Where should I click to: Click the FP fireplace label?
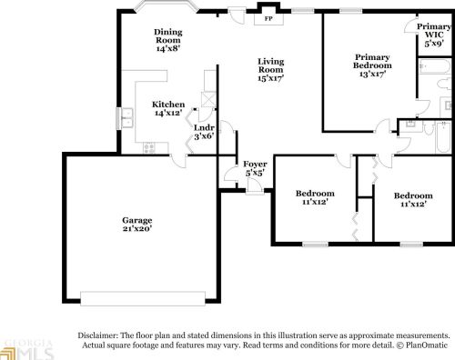tap(268, 18)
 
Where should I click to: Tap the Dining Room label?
tap(168, 35)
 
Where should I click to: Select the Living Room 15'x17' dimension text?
tap(271, 78)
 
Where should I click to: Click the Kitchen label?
tap(168, 105)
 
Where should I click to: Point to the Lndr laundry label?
tap(204, 127)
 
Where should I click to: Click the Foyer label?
tap(255, 164)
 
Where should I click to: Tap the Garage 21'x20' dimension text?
tap(137, 228)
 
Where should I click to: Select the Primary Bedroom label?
tap(372, 61)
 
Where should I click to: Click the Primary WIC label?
tap(434, 31)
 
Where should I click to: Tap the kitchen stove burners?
tap(149, 147)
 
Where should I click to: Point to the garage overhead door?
tap(143, 298)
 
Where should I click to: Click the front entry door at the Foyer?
tap(254, 185)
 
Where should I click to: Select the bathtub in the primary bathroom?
tap(434, 66)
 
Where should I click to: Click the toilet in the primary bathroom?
tap(444, 84)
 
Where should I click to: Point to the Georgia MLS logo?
tap(26, 350)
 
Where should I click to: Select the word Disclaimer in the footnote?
tap(98, 335)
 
